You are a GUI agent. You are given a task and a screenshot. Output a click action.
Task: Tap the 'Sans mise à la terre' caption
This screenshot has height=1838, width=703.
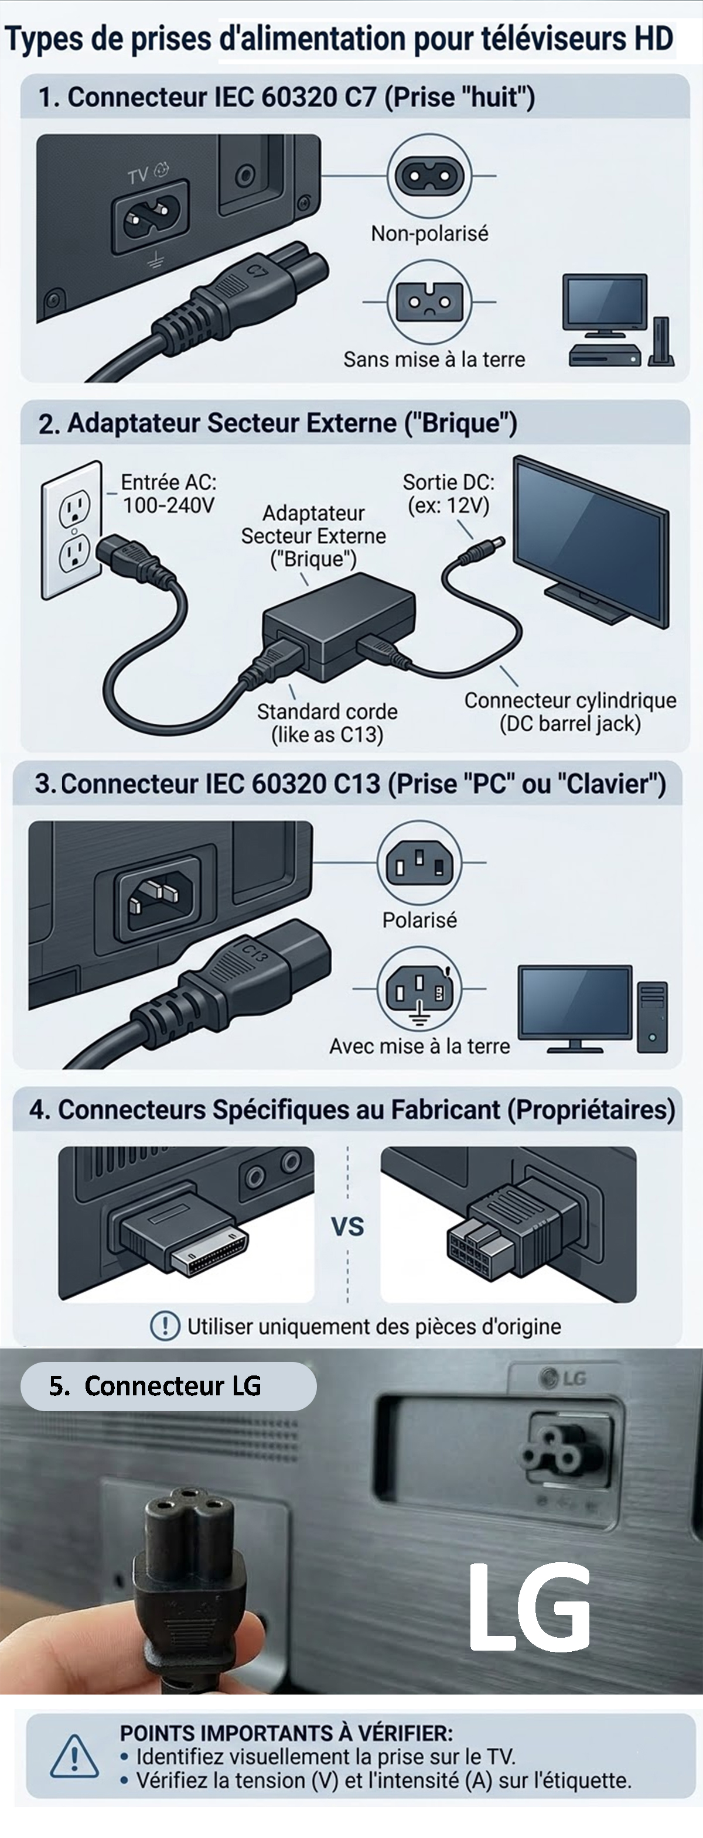(x=434, y=359)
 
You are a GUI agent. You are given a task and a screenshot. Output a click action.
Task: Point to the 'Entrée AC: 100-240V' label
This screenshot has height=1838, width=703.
(x=169, y=494)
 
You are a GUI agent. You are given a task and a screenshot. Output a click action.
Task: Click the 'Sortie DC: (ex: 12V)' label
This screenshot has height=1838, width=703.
(x=448, y=494)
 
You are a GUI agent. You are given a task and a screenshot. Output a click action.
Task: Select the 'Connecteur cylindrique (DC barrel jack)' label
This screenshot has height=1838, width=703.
(x=569, y=712)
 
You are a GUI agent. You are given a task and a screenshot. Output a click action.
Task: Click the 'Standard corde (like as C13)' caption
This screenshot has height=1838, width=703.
(x=327, y=723)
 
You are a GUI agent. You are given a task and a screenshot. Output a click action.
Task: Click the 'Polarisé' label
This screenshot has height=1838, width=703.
(x=419, y=920)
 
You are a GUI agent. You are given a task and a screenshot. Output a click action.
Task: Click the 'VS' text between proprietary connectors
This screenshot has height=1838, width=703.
(x=347, y=1227)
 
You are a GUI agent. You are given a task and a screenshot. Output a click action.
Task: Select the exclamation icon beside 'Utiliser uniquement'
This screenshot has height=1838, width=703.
(x=165, y=1326)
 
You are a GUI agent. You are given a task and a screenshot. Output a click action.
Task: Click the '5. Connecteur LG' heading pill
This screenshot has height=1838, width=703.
(x=168, y=1385)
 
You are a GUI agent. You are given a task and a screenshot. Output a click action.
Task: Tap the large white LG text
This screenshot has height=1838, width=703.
(x=530, y=1607)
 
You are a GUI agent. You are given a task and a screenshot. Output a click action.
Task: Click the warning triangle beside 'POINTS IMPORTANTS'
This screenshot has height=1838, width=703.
(x=74, y=1756)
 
